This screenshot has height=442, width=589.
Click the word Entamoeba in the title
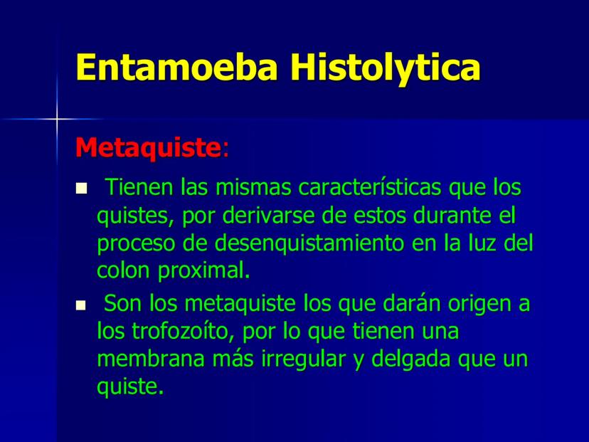(177, 67)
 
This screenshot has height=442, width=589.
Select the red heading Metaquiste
(149, 148)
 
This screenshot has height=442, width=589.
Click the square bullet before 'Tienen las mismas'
(81, 189)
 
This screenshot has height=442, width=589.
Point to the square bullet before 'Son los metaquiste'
(81, 305)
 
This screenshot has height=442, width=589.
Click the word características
(369, 186)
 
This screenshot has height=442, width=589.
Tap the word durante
(452, 216)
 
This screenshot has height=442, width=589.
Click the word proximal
(204, 270)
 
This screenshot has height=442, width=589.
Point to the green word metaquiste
(240, 303)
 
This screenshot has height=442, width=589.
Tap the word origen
(479, 305)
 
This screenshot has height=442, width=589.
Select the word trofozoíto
(180, 331)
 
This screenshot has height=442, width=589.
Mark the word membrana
(151, 359)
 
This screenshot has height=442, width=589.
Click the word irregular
(303, 360)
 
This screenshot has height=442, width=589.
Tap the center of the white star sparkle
(57, 119)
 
